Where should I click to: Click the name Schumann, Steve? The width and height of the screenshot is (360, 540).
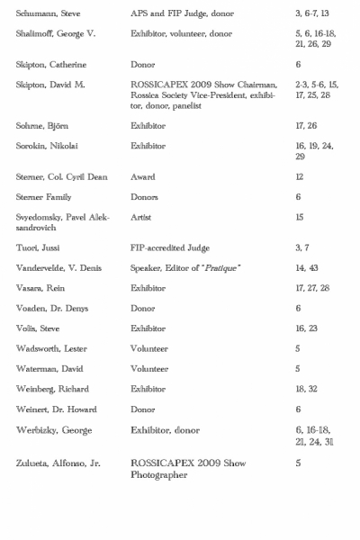tap(44, 15)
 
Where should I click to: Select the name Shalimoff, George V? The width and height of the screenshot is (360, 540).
tap(52, 33)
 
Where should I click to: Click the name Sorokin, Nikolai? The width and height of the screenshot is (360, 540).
tap(46, 146)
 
